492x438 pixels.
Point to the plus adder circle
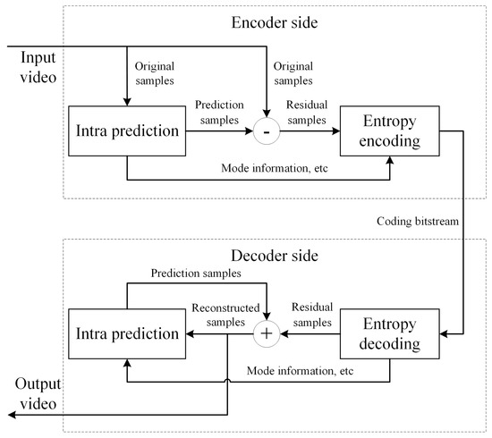click(x=267, y=335)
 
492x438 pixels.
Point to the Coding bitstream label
click(x=418, y=218)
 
